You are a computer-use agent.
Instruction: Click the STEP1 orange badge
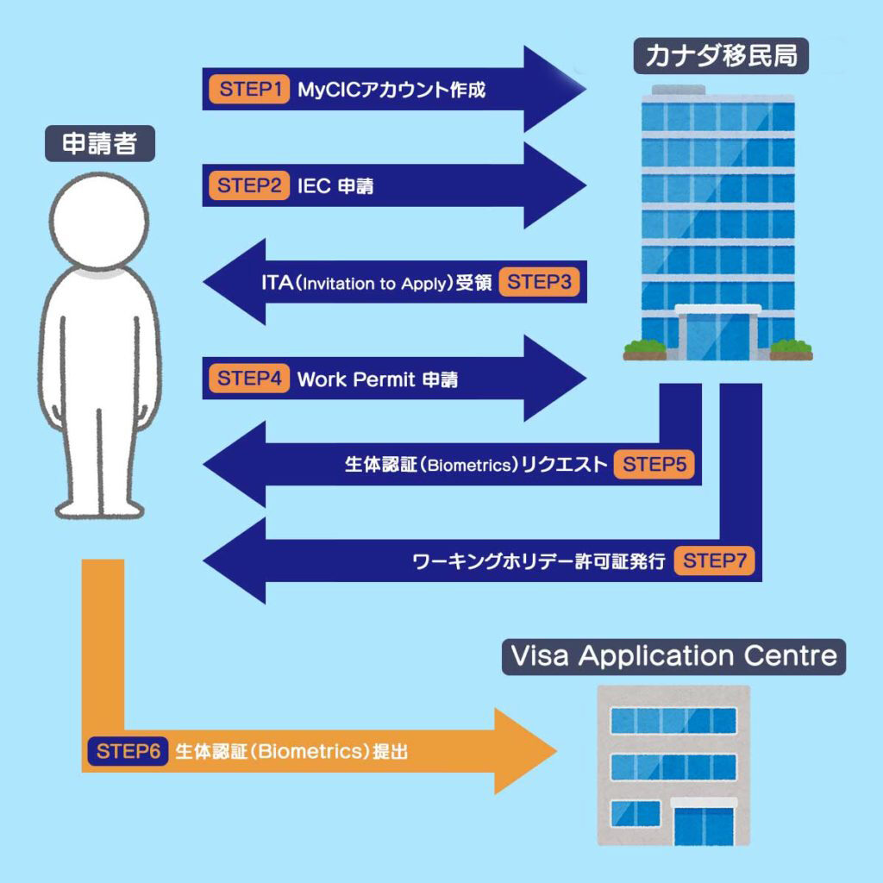(x=249, y=89)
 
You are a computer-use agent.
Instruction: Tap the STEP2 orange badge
(x=249, y=185)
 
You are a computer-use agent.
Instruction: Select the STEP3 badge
(x=539, y=282)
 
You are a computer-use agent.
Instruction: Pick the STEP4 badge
(x=249, y=378)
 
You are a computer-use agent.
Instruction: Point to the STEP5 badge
(x=654, y=465)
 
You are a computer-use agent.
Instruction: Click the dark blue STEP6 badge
(x=128, y=751)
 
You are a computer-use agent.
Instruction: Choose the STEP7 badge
(x=714, y=560)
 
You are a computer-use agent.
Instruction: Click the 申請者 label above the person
(x=100, y=144)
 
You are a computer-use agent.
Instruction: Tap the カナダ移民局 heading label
(x=721, y=56)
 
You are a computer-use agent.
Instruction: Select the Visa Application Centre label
(x=673, y=656)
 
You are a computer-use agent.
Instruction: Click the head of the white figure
(x=99, y=221)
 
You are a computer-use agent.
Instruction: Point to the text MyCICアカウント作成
(x=391, y=90)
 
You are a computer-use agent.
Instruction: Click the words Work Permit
(x=356, y=379)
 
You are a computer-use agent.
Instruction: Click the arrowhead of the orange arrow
(x=526, y=751)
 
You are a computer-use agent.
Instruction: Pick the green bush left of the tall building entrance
(x=645, y=348)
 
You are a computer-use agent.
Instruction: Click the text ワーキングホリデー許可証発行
(x=539, y=561)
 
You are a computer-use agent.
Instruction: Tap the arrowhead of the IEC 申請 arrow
(x=555, y=185)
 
